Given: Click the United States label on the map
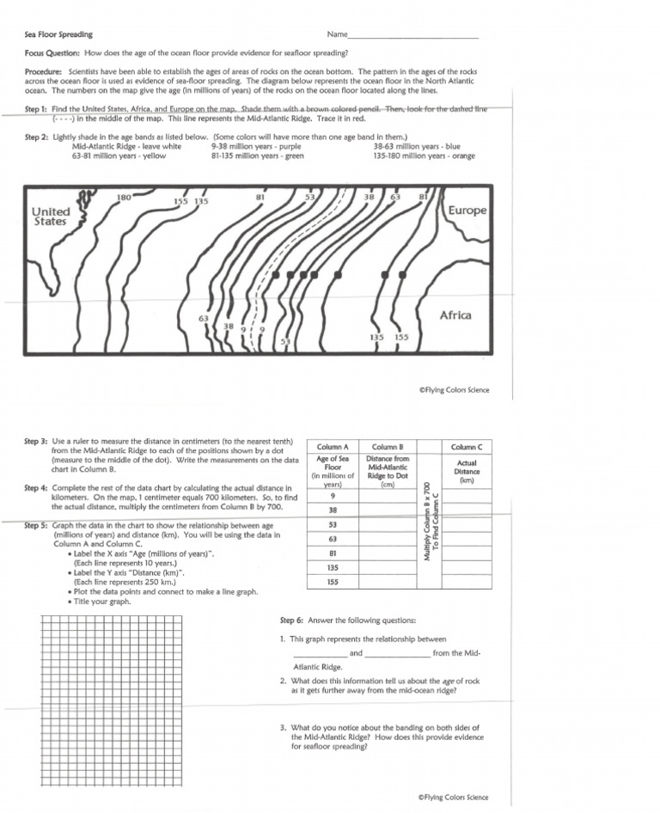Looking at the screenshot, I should pyautogui.click(x=50, y=217).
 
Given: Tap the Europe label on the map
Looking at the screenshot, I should pyautogui.click(x=467, y=211).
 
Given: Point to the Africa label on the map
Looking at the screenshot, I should pyautogui.click(x=455, y=315).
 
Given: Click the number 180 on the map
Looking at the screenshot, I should pyautogui.click(x=124, y=198).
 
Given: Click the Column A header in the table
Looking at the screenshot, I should pyautogui.click(x=333, y=447).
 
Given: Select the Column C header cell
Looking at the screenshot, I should pyautogui.click(x=467, y=447).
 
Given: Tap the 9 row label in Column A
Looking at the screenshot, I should pyautogui.click(x=333, y=496).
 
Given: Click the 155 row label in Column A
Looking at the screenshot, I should pyautogui.click(x=333, y=582).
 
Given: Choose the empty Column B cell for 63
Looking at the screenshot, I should pyautogui.click(x=387, y=539).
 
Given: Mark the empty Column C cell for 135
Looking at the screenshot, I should pyautogui.click(x=467, y=567).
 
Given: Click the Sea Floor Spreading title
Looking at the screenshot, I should pyautogui.click(x=58, y=34).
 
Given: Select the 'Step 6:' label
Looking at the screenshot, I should pyautogui.click(x=292, y=620).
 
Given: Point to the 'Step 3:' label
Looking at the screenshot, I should pyautogui.click(x=36, y=441).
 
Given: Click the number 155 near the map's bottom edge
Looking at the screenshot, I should pyautogui.click(x=401, y=338).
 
